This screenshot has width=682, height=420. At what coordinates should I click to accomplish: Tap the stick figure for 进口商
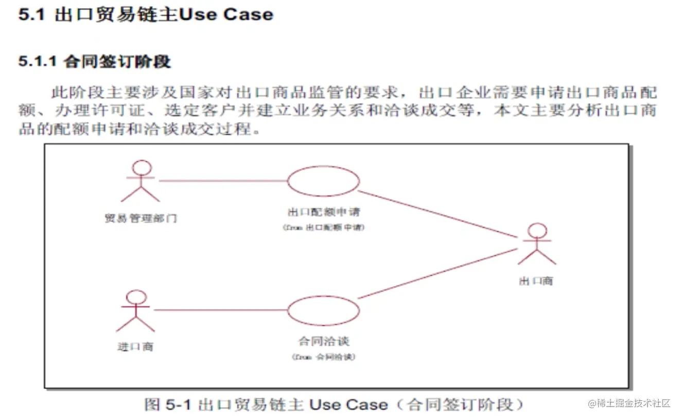[x=136, y=311]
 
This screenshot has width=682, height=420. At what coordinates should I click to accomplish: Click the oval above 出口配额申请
[x=323, y=181]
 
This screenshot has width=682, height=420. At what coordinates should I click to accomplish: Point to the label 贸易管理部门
[x=141, y=218]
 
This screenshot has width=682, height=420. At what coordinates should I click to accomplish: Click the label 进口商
[x=135, y=347]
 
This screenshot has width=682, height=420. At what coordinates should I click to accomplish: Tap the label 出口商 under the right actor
[x=536, y=281]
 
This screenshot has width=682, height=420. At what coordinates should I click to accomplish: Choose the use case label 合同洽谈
[x=324, y=341]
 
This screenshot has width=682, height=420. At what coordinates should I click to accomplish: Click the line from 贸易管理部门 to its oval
[x=222, y=181]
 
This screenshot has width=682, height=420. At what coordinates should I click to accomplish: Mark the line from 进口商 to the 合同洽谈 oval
[x=220, y=310]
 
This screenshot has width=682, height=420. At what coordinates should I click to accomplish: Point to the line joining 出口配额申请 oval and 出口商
[x=438, y=215]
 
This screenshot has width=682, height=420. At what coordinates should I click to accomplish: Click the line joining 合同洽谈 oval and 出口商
[x=438, y=273]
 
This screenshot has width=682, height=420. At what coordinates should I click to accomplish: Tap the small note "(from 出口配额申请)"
[x=323, y=227]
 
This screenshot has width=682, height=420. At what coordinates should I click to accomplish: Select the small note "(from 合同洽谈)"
[x=323, y=357]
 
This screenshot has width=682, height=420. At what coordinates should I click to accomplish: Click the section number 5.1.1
[x=38, y=62]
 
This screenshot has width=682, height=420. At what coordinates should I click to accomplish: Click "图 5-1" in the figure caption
[x=168, y=405]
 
